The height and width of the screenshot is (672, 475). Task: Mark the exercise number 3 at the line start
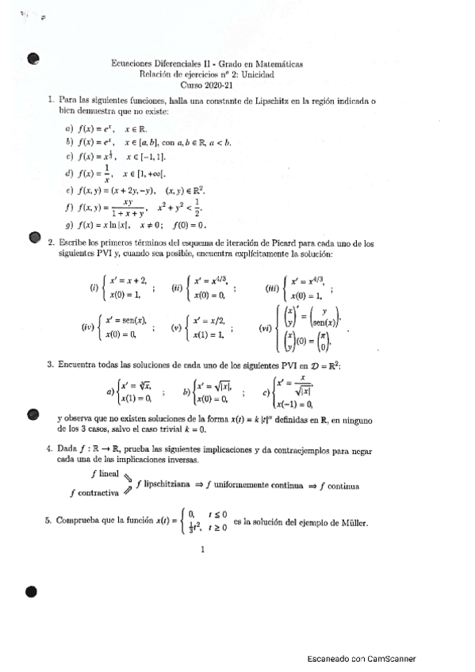(x=50, y=365)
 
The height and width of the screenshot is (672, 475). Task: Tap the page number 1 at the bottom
(x=204, y=548)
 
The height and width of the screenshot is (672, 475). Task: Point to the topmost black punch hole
(x=33, y=57)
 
